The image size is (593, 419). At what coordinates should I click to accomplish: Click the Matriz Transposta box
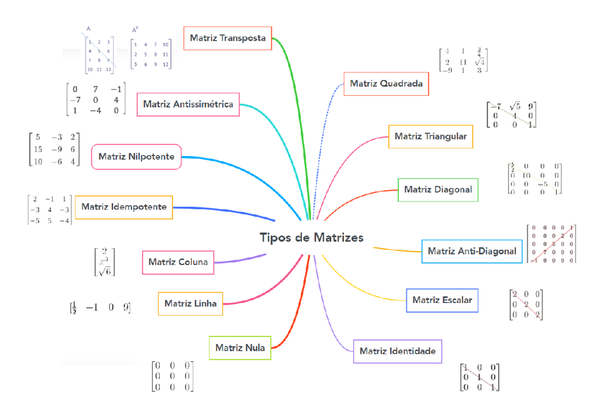tap(228, 38)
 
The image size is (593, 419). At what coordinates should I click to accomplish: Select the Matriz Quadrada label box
tap(386, 84)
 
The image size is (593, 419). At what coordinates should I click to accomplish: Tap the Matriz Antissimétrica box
tap(188, 104)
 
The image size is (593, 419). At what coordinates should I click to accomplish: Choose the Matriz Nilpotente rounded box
tap(136, 156)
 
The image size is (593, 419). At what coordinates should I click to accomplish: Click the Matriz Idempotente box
tap(124, 207)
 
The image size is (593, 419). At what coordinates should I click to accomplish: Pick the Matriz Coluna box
tap(178, 262)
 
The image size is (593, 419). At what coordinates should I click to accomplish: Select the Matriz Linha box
tap(190, 304)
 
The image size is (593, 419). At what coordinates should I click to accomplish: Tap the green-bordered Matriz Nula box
tap(240, 348)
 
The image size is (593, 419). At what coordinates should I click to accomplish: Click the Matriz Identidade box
tap(397, 351)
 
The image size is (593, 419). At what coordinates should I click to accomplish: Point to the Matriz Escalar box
tap(442, 300)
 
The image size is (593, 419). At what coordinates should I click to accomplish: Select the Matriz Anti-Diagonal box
tap(471, 251)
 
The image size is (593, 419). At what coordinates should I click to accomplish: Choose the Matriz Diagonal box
tap(438, 190)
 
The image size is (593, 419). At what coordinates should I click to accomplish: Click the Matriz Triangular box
tap(430, 136)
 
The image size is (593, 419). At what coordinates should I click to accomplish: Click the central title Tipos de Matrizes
tap(312, 238)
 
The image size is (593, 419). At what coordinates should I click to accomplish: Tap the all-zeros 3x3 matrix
tap(172, 376)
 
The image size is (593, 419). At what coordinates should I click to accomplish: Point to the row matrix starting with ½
tap(100, 308)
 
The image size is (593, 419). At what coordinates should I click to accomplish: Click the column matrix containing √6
tap(104, 262)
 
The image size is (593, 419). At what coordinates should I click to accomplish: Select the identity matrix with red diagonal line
tap(479, 377)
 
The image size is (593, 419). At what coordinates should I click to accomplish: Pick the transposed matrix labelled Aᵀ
tap(151, 54)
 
